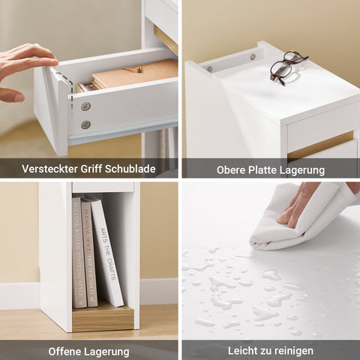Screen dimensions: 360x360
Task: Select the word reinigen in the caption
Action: pos(293,350)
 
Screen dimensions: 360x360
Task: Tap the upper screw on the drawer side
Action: pos(86,106)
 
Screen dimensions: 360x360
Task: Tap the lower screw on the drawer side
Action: pos(85,124)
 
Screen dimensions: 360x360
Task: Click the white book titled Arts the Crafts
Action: pos(107,251)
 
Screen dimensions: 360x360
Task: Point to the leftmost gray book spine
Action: pos(77,251)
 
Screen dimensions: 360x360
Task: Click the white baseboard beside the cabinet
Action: pos(159,291)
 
